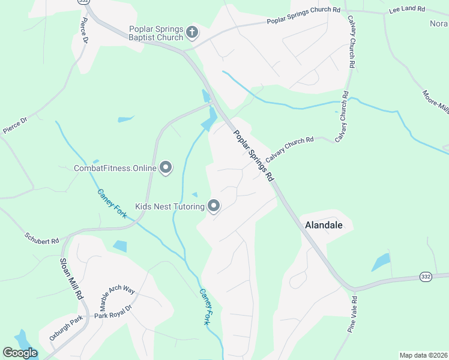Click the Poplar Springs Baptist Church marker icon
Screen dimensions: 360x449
point(192,32)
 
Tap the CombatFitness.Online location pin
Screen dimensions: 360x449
point(166,169)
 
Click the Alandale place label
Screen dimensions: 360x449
point(324,226)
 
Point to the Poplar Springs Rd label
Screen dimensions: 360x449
point(254,156)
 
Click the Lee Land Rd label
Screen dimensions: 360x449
point(406,10)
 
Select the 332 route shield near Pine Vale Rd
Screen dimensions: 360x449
point(426,276)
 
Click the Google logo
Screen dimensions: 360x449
point(20,353)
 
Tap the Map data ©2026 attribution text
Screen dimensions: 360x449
point(424,355)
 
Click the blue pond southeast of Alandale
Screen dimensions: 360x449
point(381,262)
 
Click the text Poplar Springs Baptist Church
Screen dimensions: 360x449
point(156,33)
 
